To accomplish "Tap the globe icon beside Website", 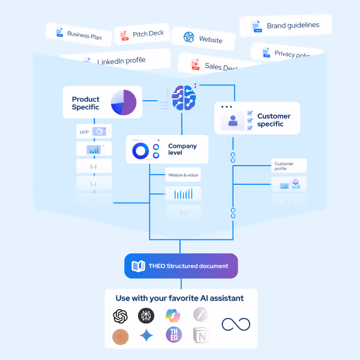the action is coord(189,37).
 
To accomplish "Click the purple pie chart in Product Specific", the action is coord(124,103).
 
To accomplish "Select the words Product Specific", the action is coord(85,103).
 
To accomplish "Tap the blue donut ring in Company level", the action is coord(140,151).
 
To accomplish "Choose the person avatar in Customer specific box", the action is coord(233,121).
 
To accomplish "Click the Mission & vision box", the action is coord(183,176).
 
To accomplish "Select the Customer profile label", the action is coord(284,166).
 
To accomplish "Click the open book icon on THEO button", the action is coord(138,266).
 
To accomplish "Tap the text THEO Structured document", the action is coord(189,266).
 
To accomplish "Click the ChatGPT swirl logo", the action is coord(121,316).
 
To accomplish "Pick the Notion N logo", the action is coord(201,335).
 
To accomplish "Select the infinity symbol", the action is coord(235,325).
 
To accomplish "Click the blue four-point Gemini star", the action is coord(146,335).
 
